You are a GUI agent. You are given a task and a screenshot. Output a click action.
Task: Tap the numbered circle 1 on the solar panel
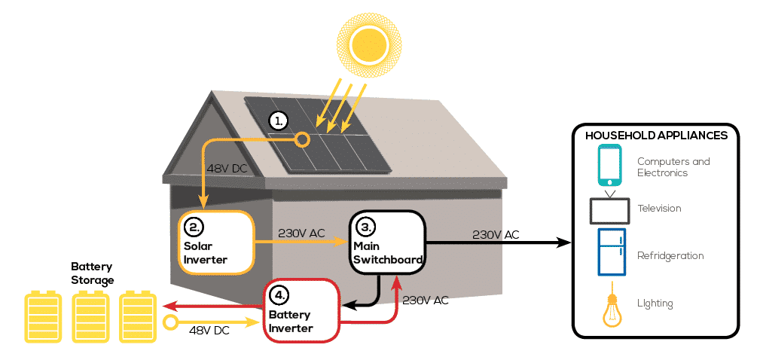point(279,120)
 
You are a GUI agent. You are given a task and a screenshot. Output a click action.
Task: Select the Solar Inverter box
point(215,242)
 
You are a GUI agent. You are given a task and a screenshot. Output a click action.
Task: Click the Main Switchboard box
point(386,243)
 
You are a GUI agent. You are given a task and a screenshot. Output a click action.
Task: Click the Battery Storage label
point(92,273)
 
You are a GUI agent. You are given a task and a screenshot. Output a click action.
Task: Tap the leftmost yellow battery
point(43,316)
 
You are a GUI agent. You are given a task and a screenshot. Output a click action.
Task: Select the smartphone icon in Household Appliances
point(609,166)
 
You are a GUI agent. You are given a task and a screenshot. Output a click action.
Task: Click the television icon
point(609,209)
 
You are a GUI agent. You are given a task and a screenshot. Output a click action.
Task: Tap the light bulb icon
point(610,309)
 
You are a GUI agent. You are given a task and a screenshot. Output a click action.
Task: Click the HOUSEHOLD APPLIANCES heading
point(656,136)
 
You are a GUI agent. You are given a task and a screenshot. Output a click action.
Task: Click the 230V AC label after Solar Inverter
point(301,233)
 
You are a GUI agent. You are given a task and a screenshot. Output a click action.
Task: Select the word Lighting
point(655,304)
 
